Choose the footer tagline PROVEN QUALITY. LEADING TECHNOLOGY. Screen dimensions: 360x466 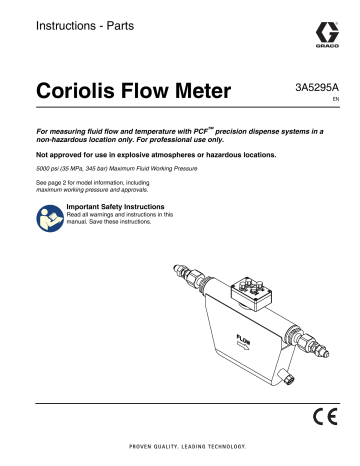[x=180, y=447]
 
